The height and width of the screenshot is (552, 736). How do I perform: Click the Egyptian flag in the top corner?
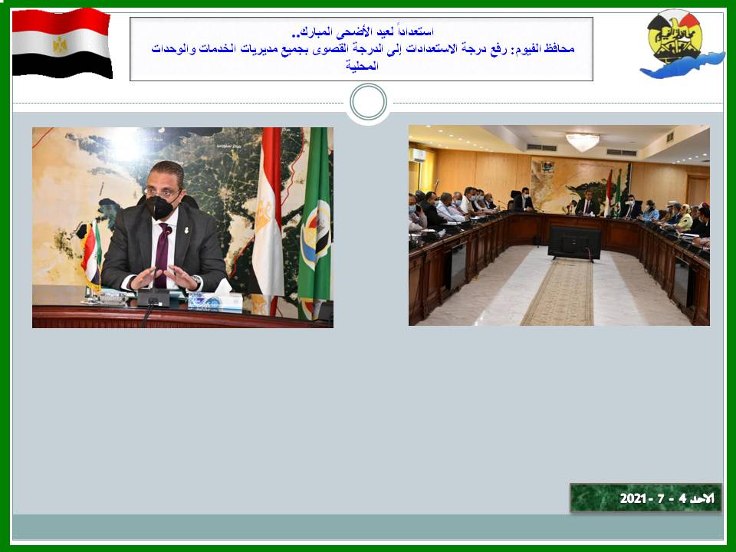(62, 43)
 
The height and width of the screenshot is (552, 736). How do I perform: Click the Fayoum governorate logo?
(680, 43)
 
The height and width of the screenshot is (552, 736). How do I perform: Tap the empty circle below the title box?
(369, 102)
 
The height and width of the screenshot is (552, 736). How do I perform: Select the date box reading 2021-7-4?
(646, 498)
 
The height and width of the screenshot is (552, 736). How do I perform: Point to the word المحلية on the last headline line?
(362, 65)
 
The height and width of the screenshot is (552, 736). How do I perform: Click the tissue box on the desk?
(215, 300)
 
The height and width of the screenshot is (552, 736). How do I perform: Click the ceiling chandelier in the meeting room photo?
(583, 142)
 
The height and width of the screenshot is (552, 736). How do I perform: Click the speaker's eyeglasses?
(162, 192)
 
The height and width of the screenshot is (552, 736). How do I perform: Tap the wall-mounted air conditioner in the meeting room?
(417, 156)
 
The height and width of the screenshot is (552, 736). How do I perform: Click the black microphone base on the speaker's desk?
(153, 297)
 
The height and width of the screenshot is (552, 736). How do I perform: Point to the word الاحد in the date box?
(703, 498)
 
